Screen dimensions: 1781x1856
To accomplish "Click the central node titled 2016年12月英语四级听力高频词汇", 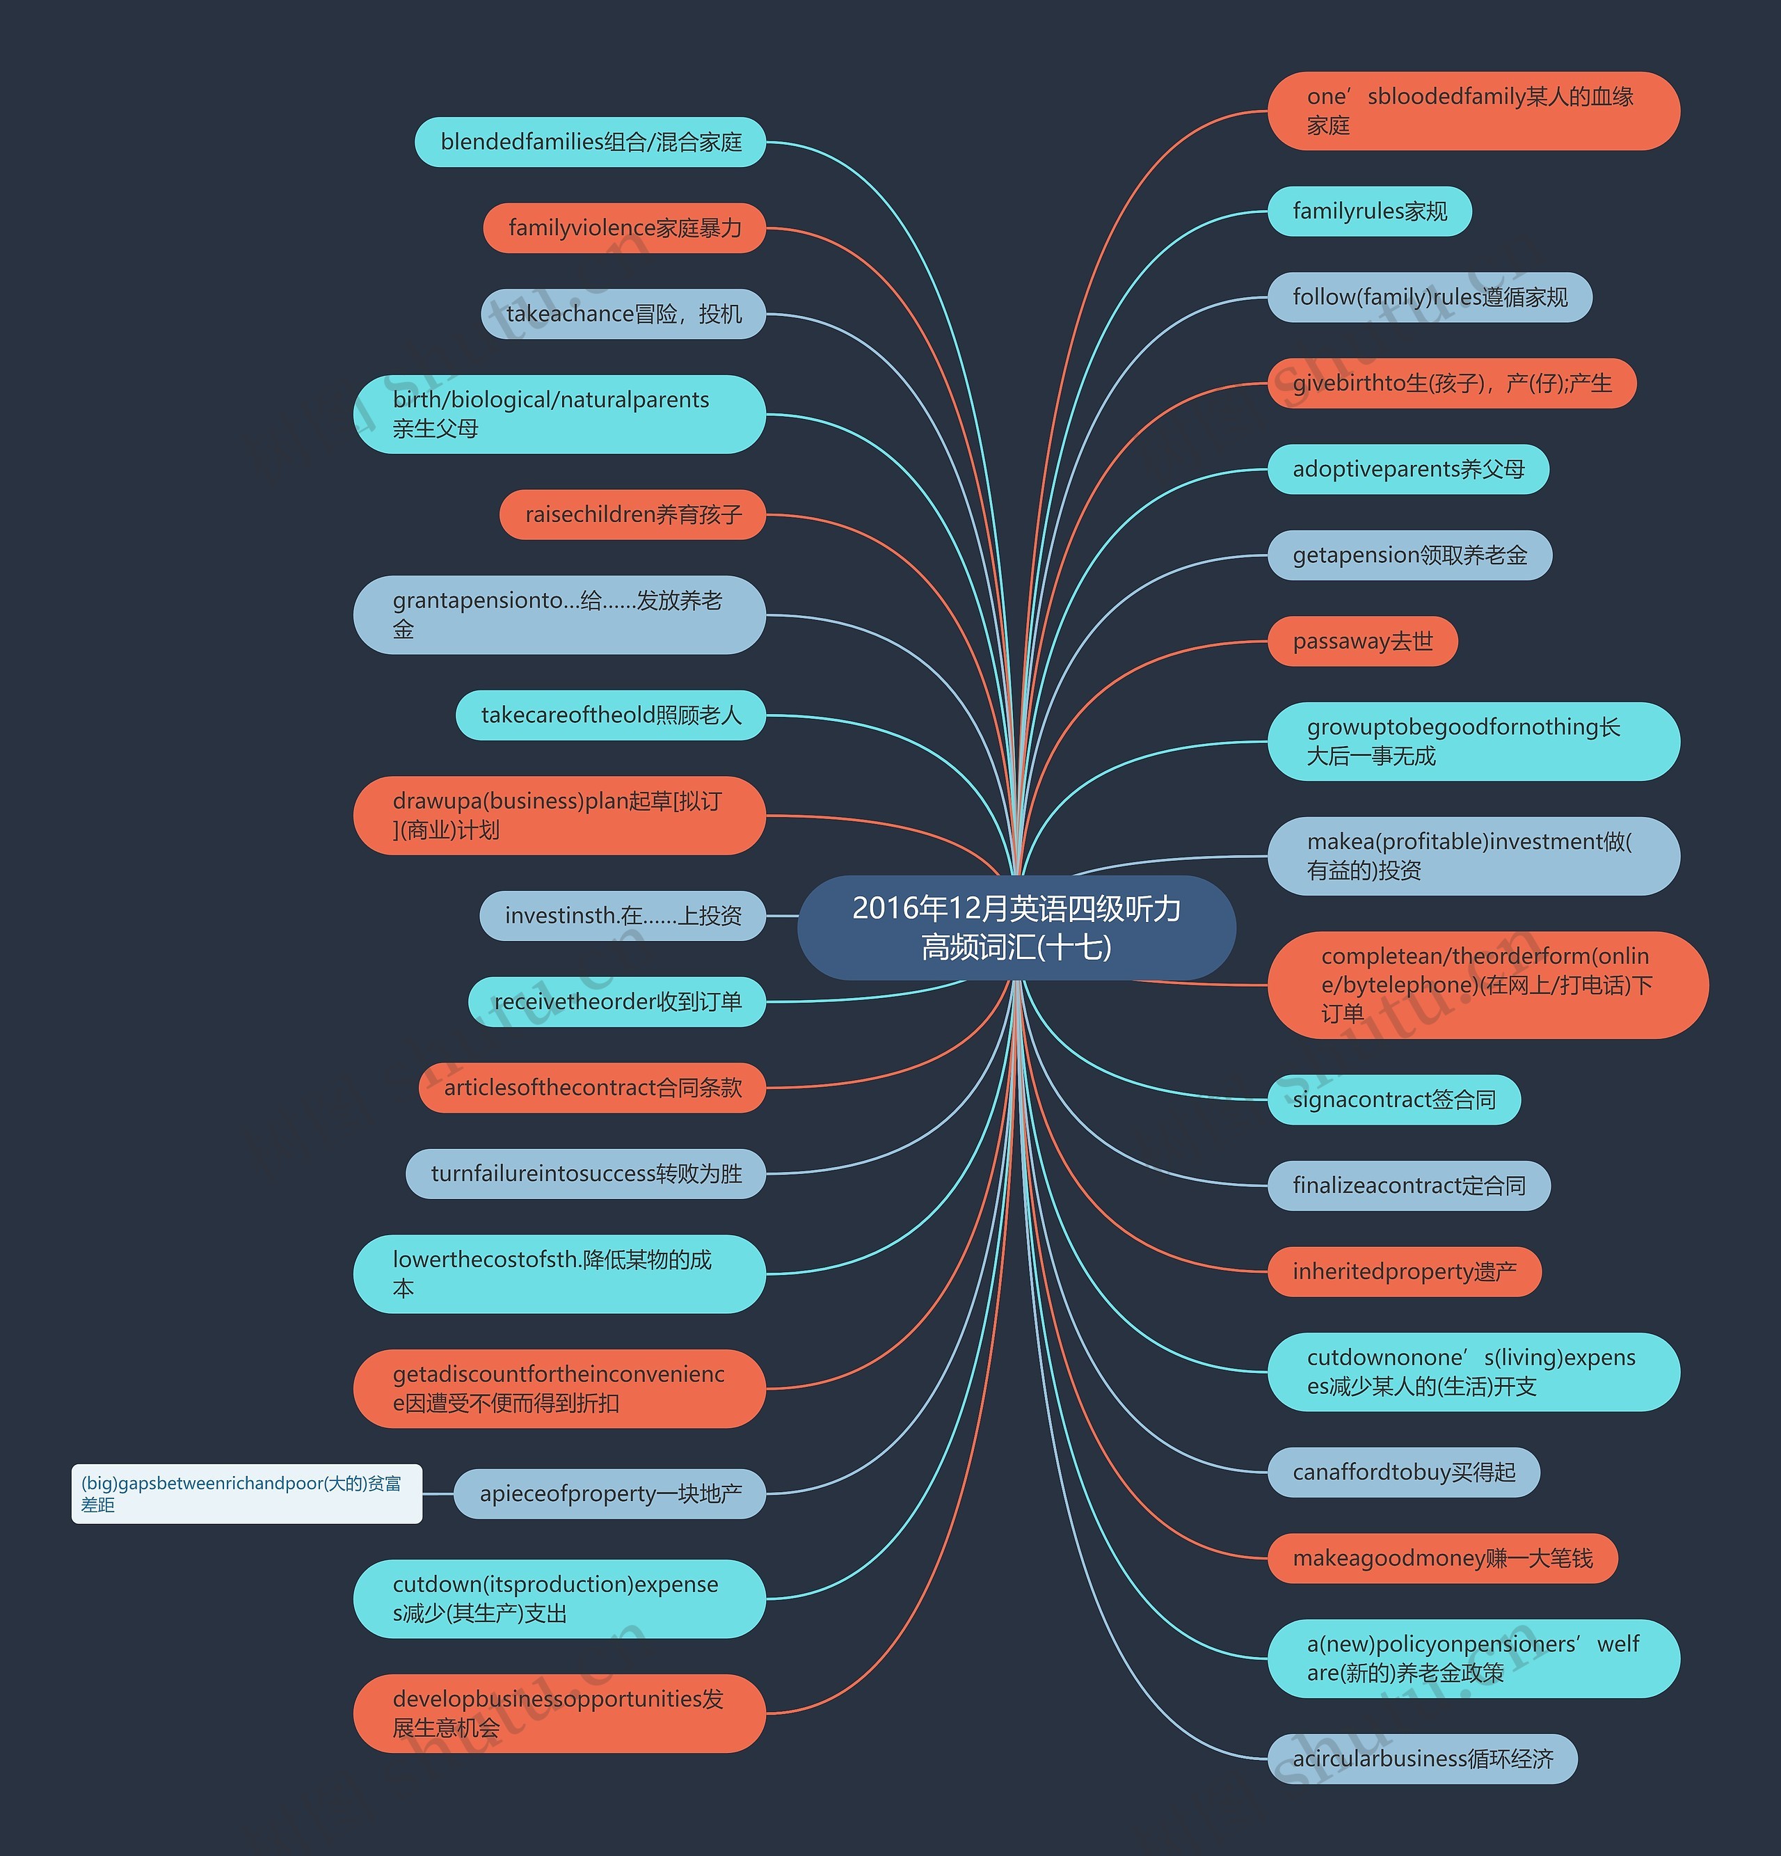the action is click(1016, 927).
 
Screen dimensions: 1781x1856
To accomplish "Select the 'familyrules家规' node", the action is click(1369, 211).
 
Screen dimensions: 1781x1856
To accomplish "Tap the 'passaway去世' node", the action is click(1361, 641).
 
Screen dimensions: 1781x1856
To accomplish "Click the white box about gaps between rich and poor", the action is click(246, 1493).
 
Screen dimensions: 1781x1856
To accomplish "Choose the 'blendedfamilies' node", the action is click(590, 142).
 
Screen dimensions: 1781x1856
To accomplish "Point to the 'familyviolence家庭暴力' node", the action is click(624, 228).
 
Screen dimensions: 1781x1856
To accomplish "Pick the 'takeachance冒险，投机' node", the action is click(623, 313).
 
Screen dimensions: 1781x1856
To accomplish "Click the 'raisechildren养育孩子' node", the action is click(632, 514).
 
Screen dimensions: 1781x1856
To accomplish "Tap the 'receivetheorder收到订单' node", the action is click(616, 1002).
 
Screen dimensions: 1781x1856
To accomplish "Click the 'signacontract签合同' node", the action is click(1393, 1100).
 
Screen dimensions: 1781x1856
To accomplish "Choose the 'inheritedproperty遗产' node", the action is click(1404, 1271).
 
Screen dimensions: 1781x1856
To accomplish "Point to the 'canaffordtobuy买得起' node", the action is click(1403, 1472).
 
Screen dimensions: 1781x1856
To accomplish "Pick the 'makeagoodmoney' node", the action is click(1442, 1557).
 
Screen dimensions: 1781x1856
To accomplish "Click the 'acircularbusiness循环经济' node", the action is click(1422, 1759).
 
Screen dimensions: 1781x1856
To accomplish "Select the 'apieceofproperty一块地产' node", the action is click(609, 1493).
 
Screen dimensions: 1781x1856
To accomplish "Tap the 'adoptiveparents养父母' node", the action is click(1408, 469).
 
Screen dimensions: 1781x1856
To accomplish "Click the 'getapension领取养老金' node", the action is click(1409, 555).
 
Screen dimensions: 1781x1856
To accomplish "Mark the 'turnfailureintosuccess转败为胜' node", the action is click(585, 1173).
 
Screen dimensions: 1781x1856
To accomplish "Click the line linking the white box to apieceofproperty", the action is click(438, 1493).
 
